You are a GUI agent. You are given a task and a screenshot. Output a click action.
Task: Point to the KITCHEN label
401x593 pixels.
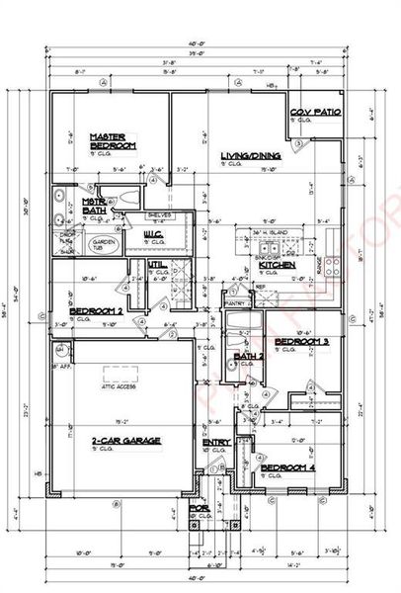point(273,265)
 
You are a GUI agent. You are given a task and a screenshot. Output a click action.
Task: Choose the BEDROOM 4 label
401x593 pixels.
point(285,467)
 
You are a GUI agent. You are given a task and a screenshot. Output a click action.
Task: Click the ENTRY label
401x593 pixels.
point(216,442)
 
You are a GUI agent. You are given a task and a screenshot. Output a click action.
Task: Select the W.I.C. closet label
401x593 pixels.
point(153,234)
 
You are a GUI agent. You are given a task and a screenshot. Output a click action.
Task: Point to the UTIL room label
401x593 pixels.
point(155,265)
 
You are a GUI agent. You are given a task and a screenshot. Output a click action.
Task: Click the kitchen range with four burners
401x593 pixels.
point(334,265)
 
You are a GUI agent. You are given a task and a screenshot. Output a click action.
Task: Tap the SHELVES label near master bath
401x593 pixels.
point(159,213)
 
